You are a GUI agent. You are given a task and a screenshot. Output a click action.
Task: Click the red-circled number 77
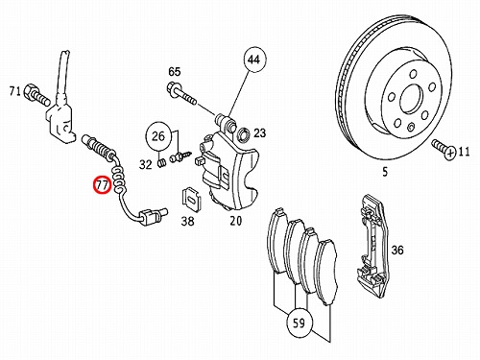(x=102, y=185)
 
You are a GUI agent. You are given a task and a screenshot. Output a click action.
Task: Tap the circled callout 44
(x=255, y=60)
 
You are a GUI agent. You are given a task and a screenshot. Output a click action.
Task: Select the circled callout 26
(x=157, y=136)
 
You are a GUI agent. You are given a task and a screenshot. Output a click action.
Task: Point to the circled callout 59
(x=299, y=324)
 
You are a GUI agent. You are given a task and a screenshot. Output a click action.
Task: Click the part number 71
(x=15, y=91)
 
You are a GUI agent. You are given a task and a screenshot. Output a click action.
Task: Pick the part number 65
(x=175, y=72)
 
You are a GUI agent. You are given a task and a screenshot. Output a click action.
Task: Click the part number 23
(x=259, y=132)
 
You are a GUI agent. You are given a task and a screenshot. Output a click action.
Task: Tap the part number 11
(x=464, y=151)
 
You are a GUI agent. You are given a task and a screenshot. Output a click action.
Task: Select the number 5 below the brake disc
(x=385, y=172)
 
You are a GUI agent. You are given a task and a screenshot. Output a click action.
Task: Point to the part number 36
(x=397, y=250)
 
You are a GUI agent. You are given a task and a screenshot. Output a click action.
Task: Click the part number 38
(x=187, y=221)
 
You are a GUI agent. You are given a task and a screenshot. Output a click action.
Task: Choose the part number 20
(x=235, y=220)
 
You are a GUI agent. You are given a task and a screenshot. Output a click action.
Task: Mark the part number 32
(x=146, y=164)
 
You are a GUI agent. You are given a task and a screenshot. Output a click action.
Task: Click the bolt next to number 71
(x=36, y=94)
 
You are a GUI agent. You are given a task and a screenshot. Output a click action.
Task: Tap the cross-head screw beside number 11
(x=444, y=150)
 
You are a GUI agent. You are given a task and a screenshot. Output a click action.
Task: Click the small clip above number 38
(x=191, y=200)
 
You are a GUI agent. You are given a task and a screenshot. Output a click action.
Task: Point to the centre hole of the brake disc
(x=411, y=99)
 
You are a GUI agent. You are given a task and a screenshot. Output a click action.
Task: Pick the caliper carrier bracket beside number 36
(x=373, y=247)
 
